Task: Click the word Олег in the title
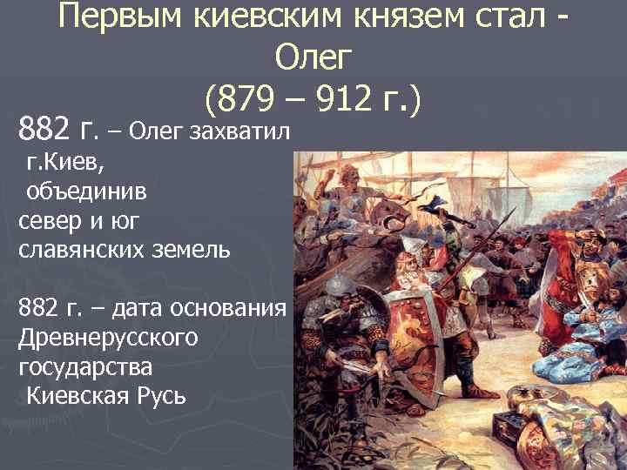pyautogui.click(x=313, y=58)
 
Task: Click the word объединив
pyautogui.click(x=79, y=191)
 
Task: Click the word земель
pyautogui.click(x=194, y=250)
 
